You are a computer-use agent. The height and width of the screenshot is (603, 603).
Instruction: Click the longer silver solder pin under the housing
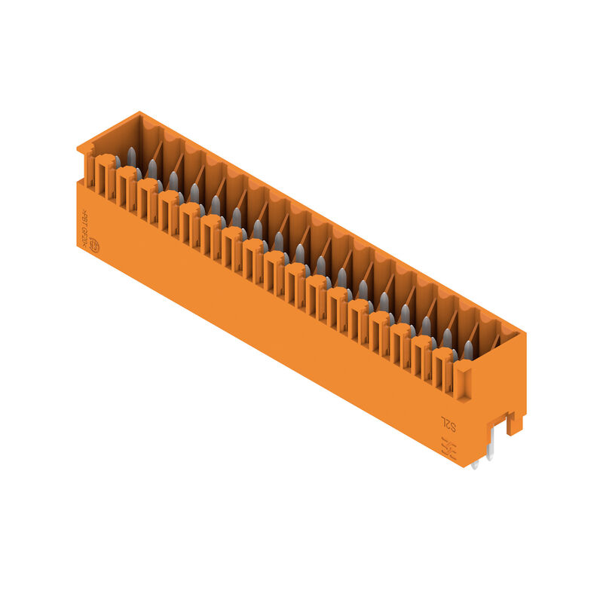pyautogui.click(x=491, y=448)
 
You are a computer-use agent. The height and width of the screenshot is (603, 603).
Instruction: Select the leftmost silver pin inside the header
pyautogui.click(x=131, y=157)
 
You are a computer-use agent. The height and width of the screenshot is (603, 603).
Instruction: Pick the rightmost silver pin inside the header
pyautogui.click(x=468, y=349)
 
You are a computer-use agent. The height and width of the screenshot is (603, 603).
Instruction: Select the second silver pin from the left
pyautogui.click(x=152, y=168)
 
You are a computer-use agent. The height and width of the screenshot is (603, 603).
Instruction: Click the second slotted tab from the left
pyautogui.click(x=127, y=187)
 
